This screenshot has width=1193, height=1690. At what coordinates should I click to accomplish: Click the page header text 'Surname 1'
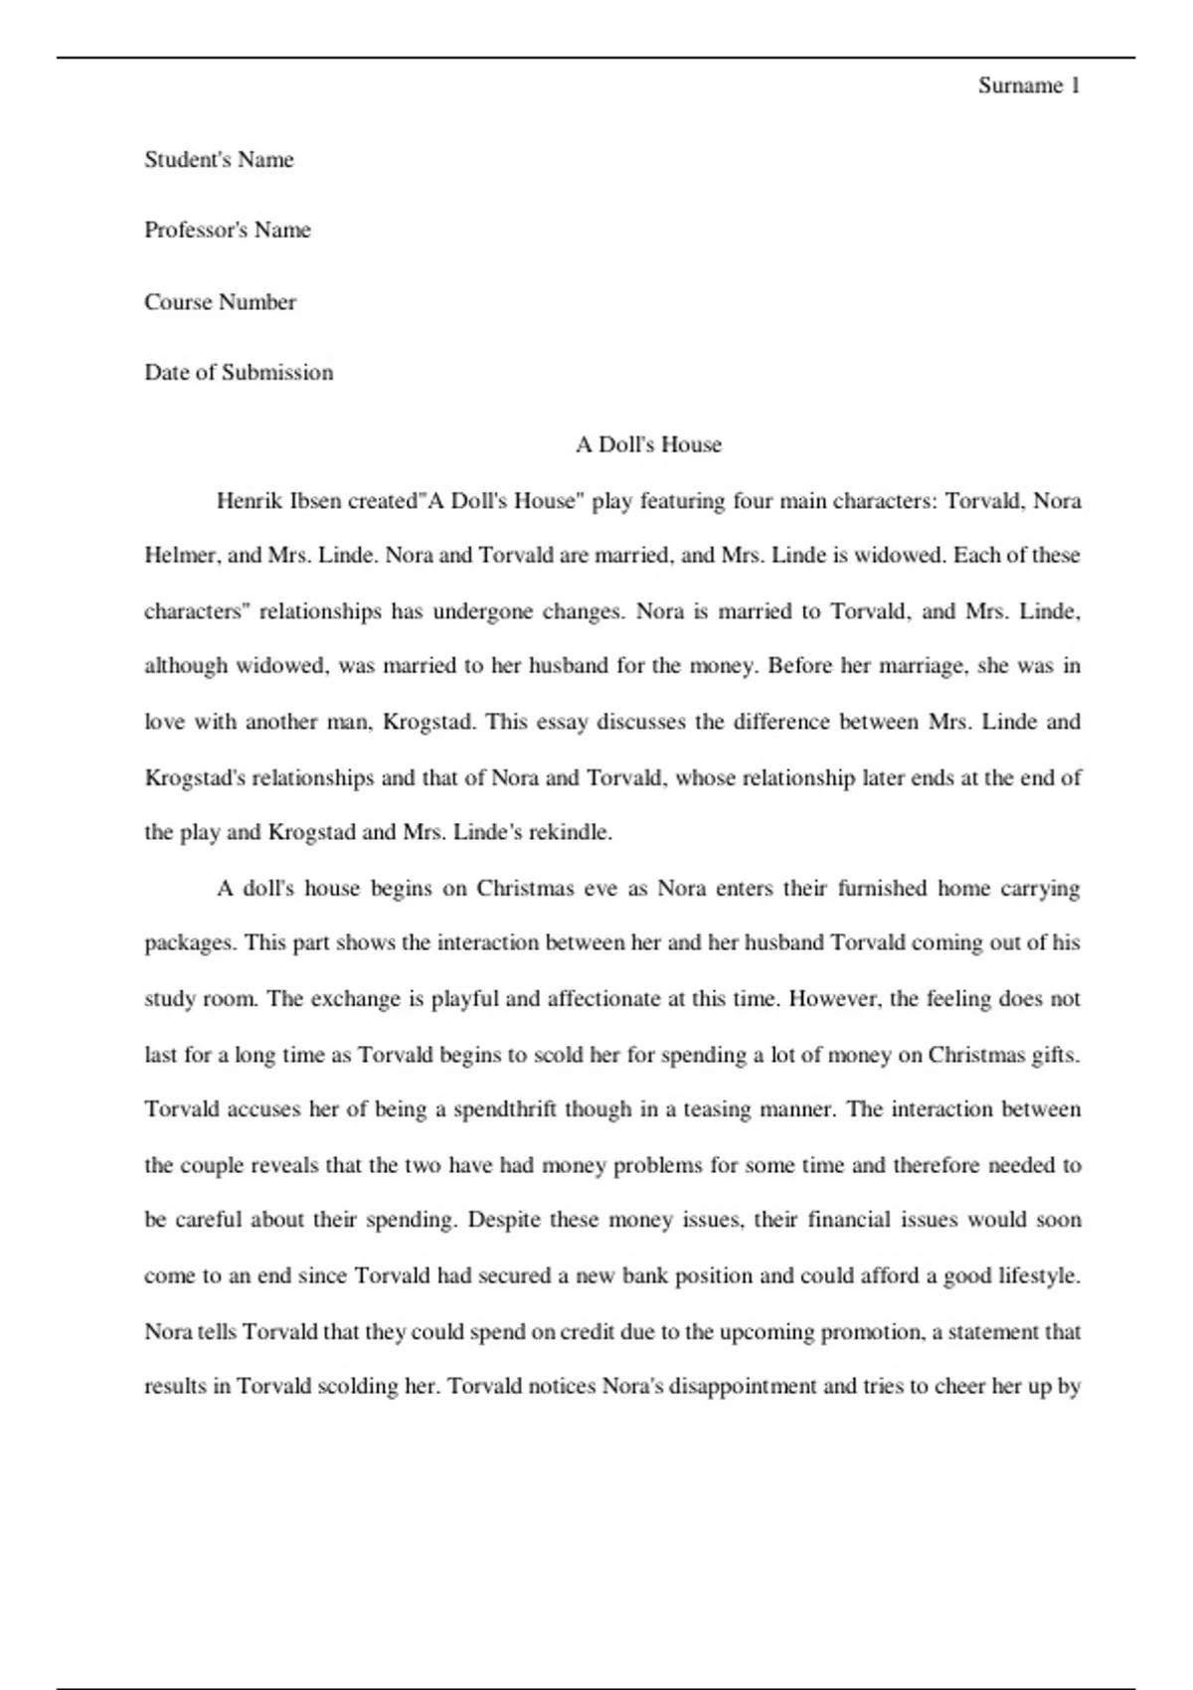[x=1028, y=85]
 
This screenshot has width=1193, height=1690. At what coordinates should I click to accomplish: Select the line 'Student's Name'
[x=219, y=160]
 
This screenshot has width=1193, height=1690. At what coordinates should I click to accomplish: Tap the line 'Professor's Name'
[x=228, y=231]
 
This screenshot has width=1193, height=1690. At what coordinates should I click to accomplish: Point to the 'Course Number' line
[x=220, y=302]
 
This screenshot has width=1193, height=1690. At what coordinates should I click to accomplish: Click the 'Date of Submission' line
[x=239, y=373]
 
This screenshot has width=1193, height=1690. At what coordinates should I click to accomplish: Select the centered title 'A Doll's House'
[x=648, y=444]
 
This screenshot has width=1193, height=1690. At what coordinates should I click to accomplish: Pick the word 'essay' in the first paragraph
[x=563, y=722]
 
